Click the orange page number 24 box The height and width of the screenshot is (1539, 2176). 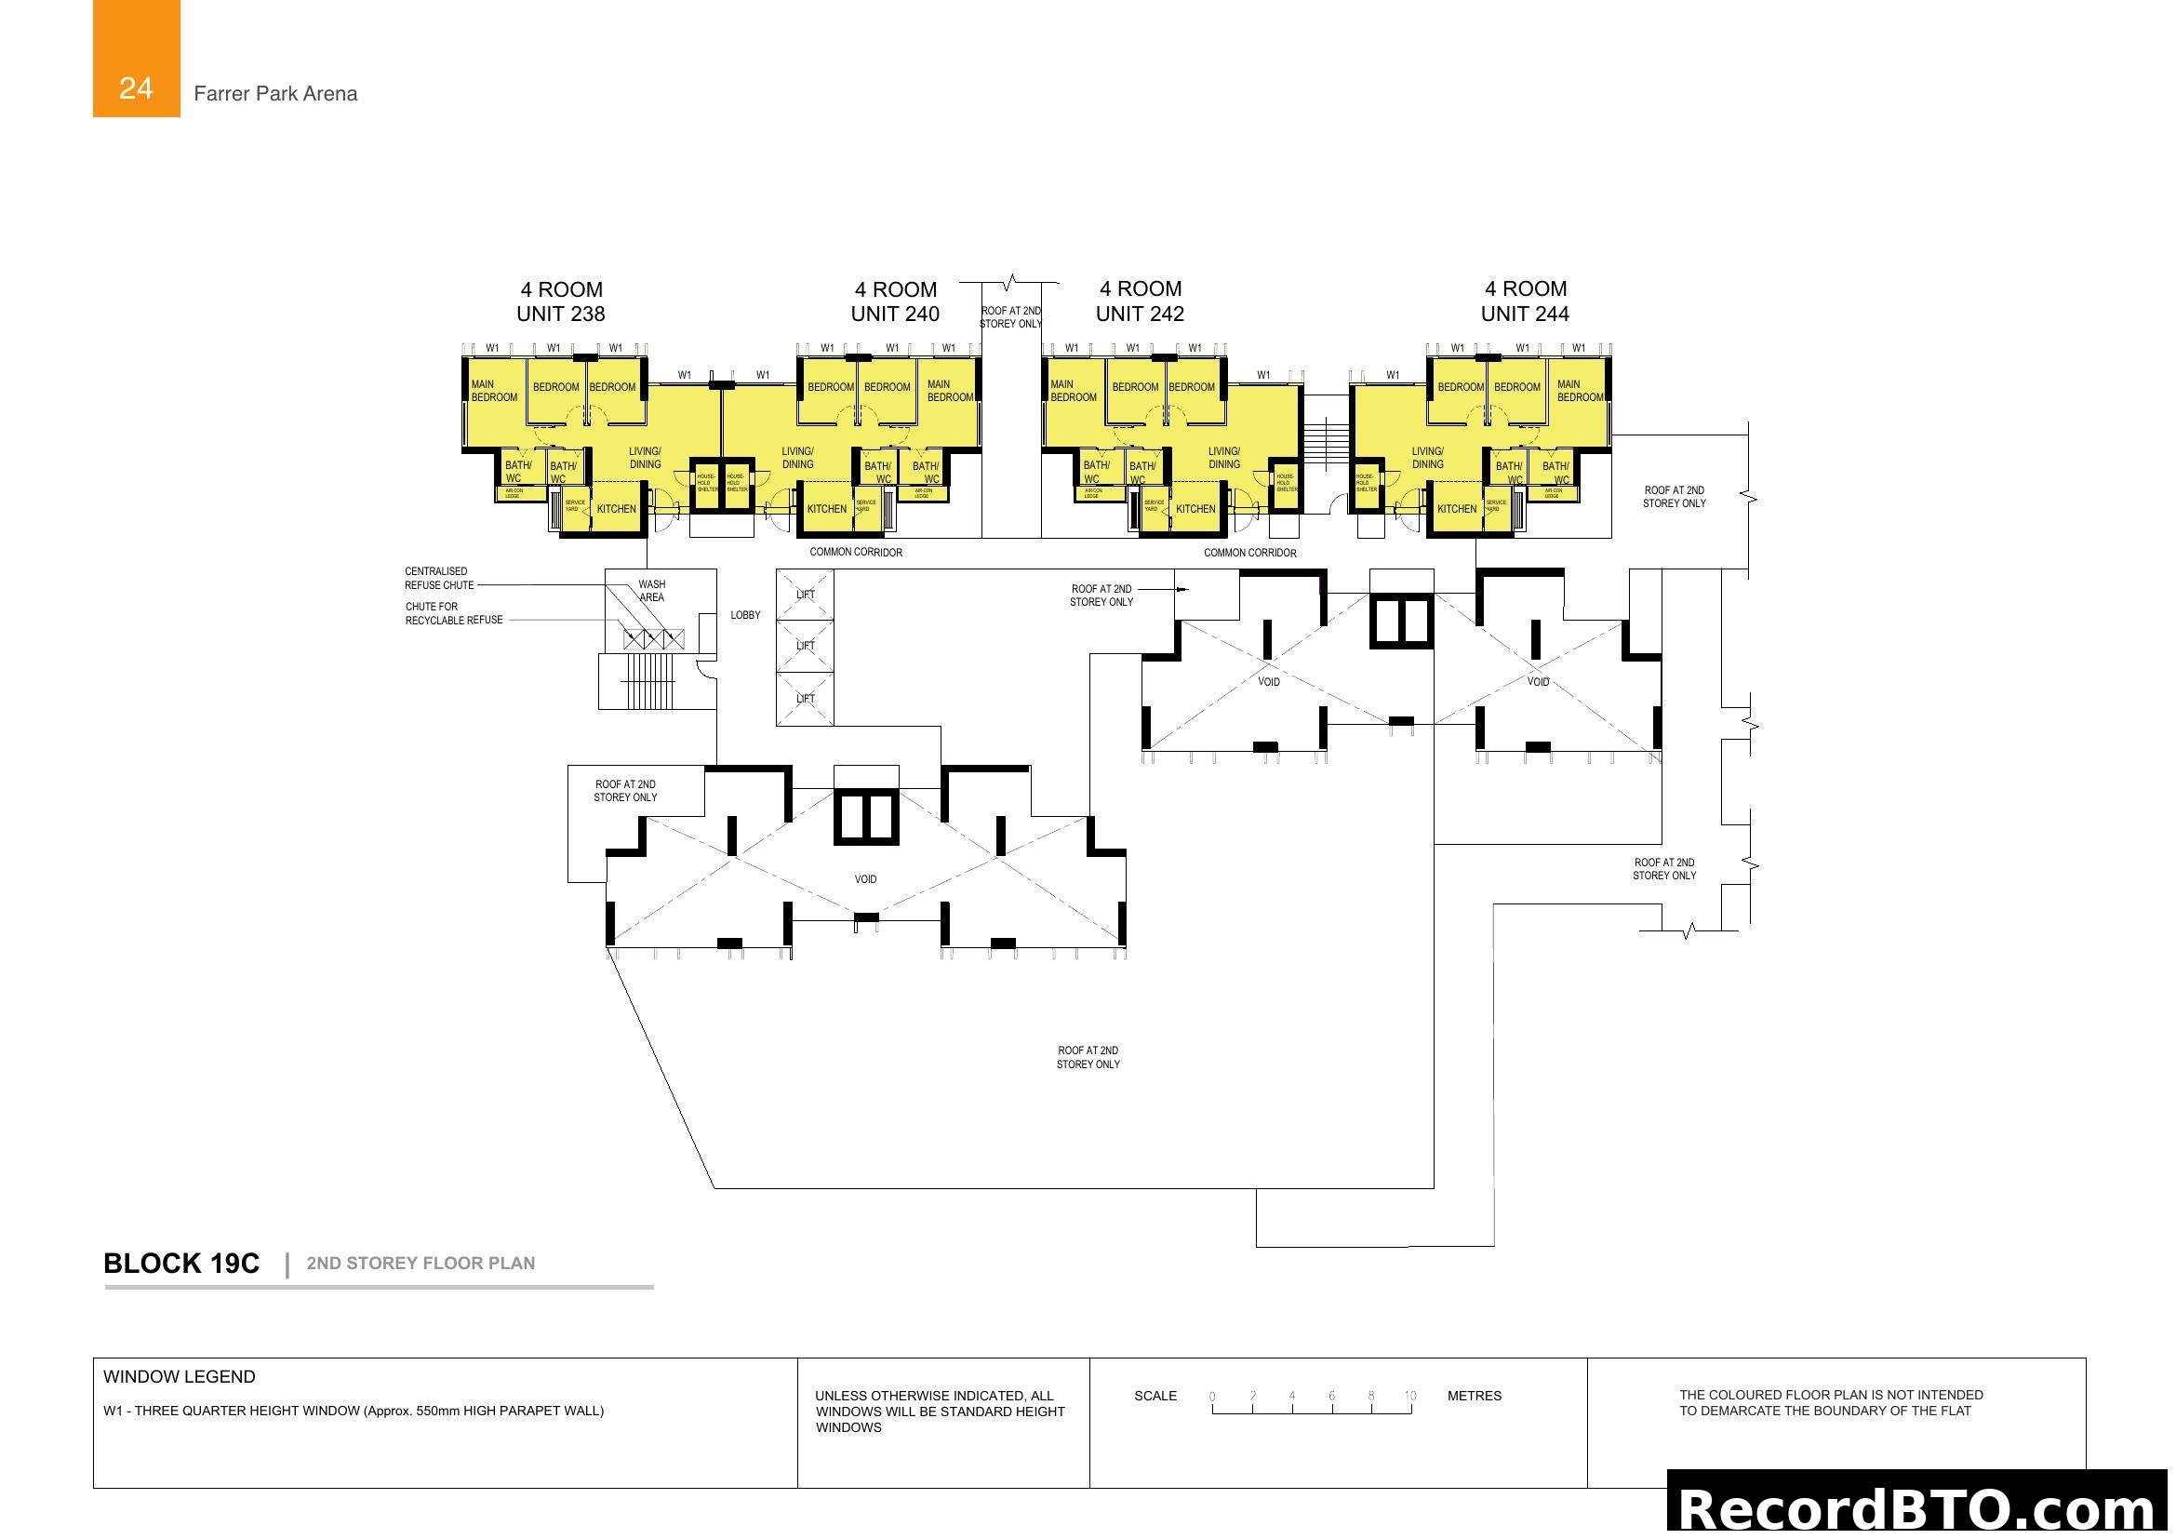136,59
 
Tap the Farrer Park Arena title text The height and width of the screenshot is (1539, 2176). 274,94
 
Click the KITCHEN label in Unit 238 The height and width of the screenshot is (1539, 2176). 616,509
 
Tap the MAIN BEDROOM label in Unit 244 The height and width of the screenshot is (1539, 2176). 1580,391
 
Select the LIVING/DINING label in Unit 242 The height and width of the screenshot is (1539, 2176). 1223,458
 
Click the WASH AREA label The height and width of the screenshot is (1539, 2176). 651,591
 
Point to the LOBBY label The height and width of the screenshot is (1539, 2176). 745,615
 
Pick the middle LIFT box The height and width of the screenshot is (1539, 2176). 805,647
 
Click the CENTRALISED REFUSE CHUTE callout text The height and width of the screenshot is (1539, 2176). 439,578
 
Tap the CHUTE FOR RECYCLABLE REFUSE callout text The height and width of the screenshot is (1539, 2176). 453,613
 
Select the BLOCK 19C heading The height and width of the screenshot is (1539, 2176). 181,1264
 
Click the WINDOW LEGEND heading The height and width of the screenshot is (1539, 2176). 180,1376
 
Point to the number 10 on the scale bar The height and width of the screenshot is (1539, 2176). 1410,1396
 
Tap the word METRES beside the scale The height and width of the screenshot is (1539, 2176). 1474,1396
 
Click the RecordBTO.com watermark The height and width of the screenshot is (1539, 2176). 1919,1508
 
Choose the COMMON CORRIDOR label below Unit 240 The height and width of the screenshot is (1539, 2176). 855,553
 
